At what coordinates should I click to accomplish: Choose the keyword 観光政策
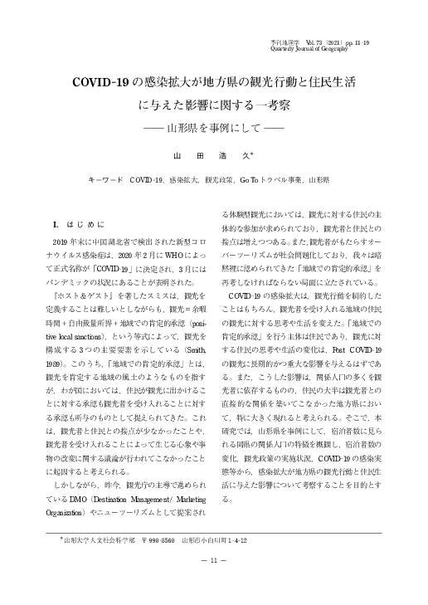click(219, 179)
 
